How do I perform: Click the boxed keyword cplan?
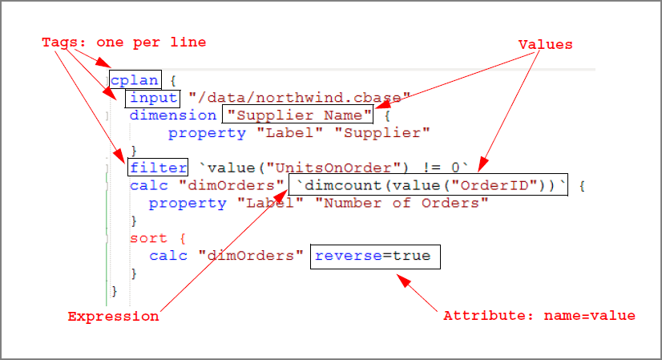click(135, 79)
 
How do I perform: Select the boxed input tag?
click(154, 98)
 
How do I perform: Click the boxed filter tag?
click(157, 168)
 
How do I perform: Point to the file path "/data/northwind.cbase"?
click(300, 98)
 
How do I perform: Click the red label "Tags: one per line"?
click(123, 42)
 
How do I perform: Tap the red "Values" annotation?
click(545, 45)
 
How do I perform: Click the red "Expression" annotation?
click(113, 316)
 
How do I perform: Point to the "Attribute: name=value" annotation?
click(539, 316)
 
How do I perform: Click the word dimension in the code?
click(173, 115)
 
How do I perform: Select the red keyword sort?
click(148, 238)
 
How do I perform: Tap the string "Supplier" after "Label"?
click(387, 132)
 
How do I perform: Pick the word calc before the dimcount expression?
click(149, 186)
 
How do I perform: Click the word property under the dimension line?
click(207, 132)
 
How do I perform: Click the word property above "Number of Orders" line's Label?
click(188, 203)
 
